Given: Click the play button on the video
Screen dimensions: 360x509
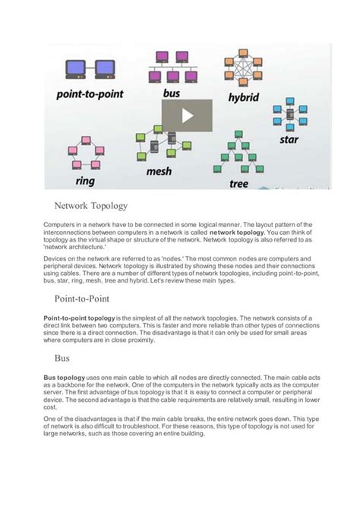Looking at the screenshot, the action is pos(187,115).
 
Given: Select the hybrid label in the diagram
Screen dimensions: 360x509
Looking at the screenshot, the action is pos(243,98).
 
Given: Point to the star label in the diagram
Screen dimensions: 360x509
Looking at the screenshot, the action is pos(289,140).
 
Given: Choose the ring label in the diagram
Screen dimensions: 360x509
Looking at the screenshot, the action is pos(86,181).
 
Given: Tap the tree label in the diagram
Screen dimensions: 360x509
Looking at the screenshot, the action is pos(238,183).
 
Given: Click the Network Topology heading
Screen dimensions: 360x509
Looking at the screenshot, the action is pos(90,206).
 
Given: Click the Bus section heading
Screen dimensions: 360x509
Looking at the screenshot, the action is pos(62,356).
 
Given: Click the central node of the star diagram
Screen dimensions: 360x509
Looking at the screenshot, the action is pos(289,115).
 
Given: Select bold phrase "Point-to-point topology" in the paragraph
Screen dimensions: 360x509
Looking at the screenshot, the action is pos(79,317).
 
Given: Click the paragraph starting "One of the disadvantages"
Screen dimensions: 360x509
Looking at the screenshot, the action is pos(178,426).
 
